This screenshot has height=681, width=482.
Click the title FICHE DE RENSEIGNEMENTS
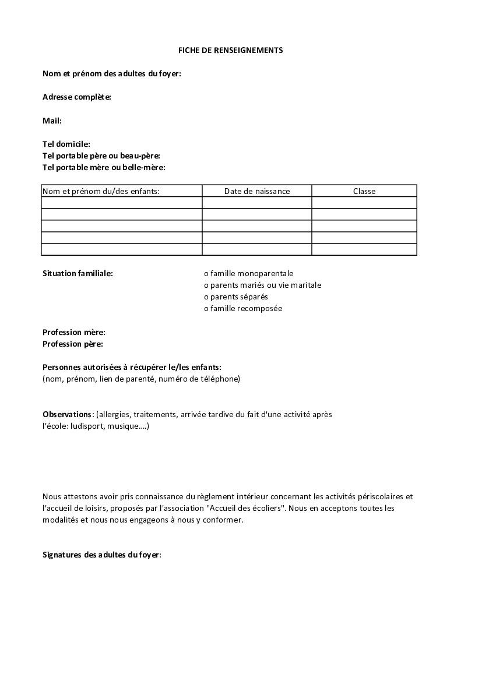[x=230, y=50]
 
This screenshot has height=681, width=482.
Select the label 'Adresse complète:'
[x=77, y=97]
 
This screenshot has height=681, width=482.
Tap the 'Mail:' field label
[x=52, y=121]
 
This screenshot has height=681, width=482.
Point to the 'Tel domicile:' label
[x=66, y=144]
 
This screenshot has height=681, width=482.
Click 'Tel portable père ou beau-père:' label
[x=101, y=156]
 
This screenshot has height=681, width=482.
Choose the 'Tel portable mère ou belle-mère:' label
[x=104, y=167]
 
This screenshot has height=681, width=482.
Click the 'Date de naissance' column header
[x=257, y=191]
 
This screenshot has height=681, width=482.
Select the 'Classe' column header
[x=364, y=191]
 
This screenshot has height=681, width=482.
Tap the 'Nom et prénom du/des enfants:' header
[x=101, y=191]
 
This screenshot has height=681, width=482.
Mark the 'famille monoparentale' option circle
[x=206, y=274]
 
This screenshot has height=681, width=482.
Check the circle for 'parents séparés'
[x=206, y=297]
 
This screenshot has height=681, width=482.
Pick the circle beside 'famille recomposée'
[x=206, y=309]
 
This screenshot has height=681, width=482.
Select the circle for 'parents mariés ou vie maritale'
[x=206, y=285]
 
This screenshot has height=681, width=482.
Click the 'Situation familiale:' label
[x=78, y=273]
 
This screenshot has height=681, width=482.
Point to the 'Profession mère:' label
[x=74, y=332]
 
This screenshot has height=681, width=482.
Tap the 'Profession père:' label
[x=73, y=344]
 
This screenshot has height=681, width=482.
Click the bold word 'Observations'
[x=67, y=414]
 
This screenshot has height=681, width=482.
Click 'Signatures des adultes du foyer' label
[x=101, y=555]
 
